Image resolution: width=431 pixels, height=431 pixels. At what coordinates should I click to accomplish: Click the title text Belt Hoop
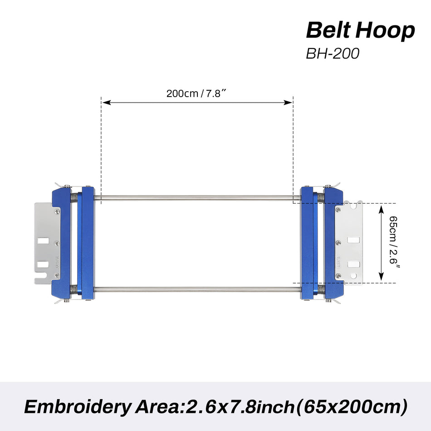tap(360, 30)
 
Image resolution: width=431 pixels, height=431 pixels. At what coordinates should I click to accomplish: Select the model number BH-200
tap(333, 53)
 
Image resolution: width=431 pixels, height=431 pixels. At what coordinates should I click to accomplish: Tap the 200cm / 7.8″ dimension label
tap(196, 94)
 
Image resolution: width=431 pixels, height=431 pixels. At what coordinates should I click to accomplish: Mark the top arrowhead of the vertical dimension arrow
tap(382, 208)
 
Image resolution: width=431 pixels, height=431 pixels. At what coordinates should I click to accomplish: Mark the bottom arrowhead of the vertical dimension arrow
tap(382, 278)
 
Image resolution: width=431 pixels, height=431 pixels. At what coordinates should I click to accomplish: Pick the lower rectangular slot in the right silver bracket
tap(353, 263)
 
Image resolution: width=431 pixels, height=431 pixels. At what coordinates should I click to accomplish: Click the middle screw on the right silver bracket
tap(338, 243)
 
